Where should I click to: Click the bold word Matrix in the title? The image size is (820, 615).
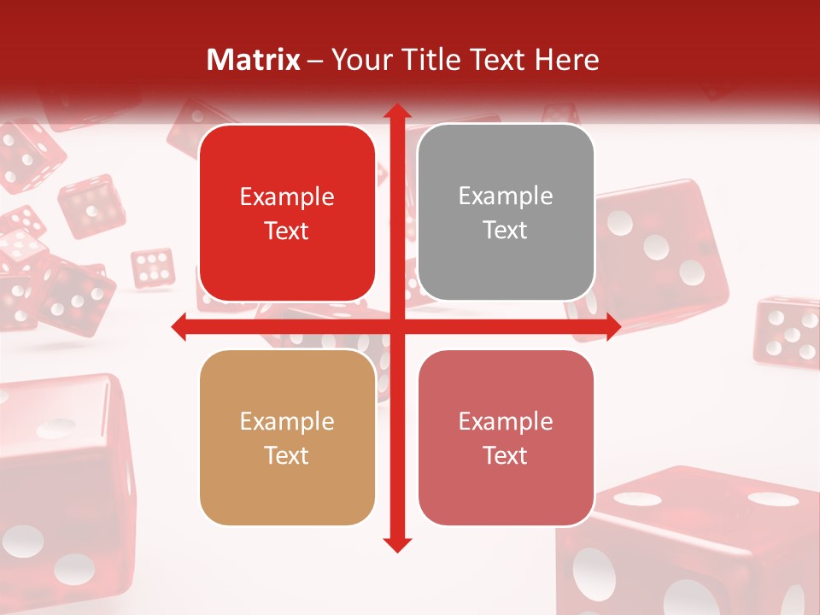254,60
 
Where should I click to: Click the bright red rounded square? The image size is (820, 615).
287,214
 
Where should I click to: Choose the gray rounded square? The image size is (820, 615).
506,213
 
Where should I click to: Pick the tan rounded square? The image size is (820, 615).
287,438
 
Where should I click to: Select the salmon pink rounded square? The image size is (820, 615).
506,438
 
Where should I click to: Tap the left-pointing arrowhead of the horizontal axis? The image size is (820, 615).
180,326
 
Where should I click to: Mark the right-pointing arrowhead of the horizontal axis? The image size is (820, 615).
612,326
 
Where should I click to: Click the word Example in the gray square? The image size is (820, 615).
506,196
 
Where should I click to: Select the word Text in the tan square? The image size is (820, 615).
287,455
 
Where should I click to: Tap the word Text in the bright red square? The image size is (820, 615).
287,231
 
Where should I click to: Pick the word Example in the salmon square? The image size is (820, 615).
506,421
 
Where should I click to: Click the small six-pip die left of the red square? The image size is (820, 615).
153,267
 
